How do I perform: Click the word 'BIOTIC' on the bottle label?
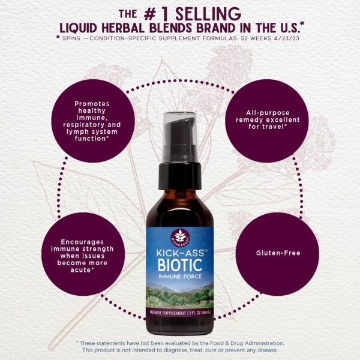tap(179, 264)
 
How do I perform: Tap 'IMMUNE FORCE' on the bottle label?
tap(179, 276)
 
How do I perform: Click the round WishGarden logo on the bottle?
tap(180, 235)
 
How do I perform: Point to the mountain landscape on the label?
tap(179, 295)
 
